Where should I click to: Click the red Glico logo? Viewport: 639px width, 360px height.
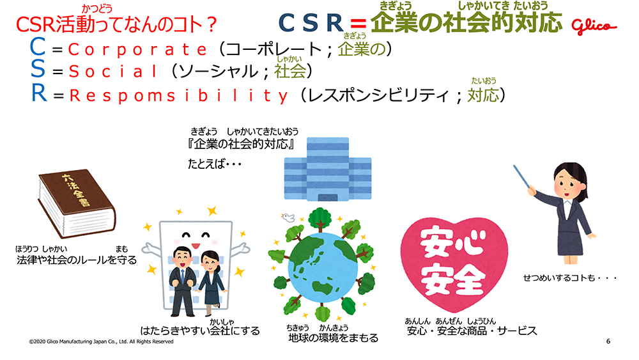click(x=594, y=26)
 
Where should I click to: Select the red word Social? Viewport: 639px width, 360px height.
click(x=113, y=72)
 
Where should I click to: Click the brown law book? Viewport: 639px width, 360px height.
click(x=77, y=203)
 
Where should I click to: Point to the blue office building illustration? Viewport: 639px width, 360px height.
click(x=328, y=169)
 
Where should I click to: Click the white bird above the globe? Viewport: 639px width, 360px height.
click(x=288, y=217)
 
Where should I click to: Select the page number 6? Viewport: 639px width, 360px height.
click(x=608, y=341)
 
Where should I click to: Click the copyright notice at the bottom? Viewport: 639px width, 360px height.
click(x=101, y=341)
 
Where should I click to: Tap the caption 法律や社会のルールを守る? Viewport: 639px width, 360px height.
click(x=77, y=260)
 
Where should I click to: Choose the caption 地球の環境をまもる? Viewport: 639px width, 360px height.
click(x=333, y=338)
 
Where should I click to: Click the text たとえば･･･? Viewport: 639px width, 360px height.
click(x=214, y=164)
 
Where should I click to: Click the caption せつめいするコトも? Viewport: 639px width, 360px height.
click(x=570, y=278)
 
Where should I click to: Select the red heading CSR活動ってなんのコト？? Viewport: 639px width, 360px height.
click(x=116, y=25)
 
